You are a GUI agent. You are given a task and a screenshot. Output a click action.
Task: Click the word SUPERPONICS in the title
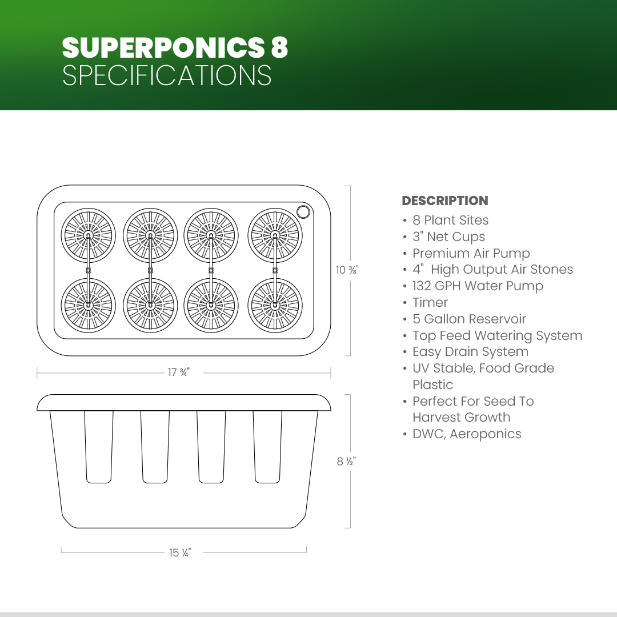click(x=163, y=47)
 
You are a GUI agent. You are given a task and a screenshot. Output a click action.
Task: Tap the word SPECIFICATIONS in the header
click(x=167, y=75)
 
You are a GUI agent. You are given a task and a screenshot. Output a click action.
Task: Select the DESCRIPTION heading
click(x=444, y=201)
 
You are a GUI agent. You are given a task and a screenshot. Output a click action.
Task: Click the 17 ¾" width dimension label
click(x=179, y=372)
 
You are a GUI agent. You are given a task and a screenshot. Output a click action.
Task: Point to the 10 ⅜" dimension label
click(x=347, y=270)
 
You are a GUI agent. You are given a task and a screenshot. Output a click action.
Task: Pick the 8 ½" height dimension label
click(x=346, y=461)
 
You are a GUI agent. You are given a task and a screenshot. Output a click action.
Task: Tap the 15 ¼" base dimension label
click(x=180, y=553)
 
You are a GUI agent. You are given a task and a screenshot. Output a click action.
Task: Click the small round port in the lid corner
click(x=303, y=212)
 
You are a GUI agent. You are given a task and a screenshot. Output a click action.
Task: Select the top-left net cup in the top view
click(x=89, y=235)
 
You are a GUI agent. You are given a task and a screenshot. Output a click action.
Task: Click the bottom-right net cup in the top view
click(x=275, y=305)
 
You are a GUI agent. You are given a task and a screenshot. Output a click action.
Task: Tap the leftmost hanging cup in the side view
click(x=99, y=447)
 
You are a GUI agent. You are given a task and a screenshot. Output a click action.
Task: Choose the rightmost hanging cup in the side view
click(x=267, y=447)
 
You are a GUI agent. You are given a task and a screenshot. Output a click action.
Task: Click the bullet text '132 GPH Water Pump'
click(x=478, y=286)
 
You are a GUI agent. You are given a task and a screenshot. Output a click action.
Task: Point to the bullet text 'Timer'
click(x=430, y=303)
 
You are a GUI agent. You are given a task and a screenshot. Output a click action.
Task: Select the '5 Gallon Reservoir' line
click(x=469, y=319)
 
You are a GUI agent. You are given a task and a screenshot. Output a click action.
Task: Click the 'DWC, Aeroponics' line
click(x=467, y=434)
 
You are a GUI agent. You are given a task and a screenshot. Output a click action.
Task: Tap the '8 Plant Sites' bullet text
click(x=451, y=221)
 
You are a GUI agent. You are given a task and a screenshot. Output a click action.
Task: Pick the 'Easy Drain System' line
click(x=470, y=352)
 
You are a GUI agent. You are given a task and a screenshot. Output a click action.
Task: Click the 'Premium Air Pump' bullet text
click(x=471, y=254)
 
